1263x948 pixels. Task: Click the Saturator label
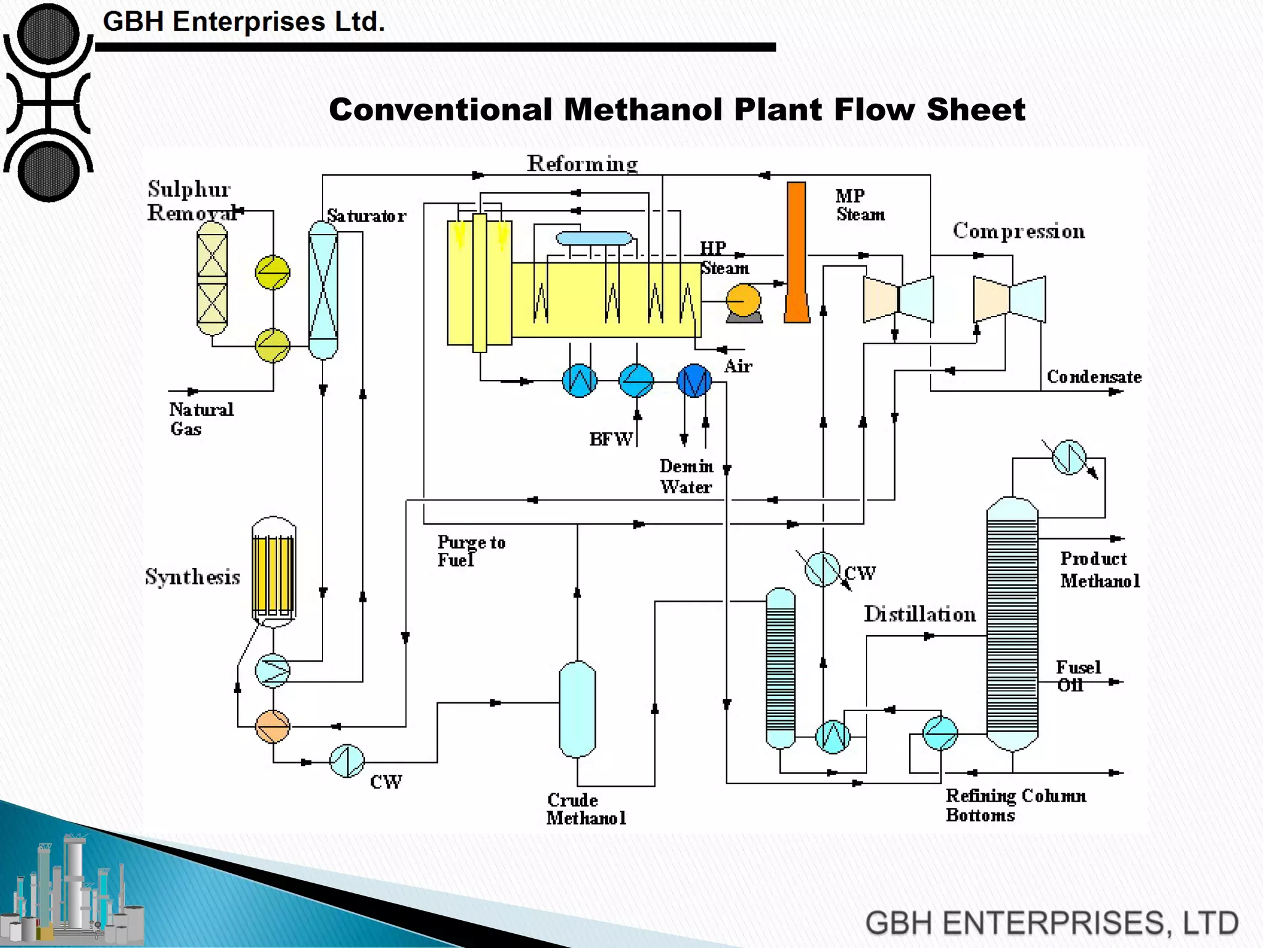(366, 216)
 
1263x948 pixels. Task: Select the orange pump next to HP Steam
(743, 301)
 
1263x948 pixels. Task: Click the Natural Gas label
(200, 418)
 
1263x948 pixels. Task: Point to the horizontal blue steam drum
(594, 238)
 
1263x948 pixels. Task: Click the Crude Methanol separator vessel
(577, 709)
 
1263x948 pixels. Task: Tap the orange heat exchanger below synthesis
(273, 726)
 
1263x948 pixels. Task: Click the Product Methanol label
(1100, 569)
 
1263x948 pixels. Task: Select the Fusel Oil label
(1077, 676)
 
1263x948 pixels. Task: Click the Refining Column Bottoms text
(1015, 805)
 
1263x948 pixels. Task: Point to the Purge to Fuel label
(471, 551)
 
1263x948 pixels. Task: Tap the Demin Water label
(686, 476)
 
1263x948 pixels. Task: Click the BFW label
(611, 439)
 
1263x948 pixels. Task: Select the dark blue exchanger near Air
(694, 381)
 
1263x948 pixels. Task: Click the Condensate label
(1093, 376)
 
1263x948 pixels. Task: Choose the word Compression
(1019, 231)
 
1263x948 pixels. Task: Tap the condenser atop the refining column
(1069, 457)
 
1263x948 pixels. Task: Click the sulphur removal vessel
(212, 278)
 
